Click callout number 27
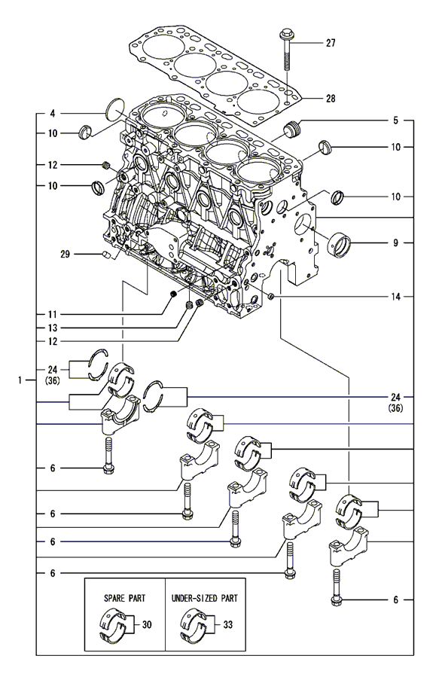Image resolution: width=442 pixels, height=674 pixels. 331,44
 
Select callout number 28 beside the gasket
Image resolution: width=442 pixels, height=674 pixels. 331,99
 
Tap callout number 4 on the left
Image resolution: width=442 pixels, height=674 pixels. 53,114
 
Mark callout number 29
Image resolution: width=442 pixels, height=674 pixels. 66,255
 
